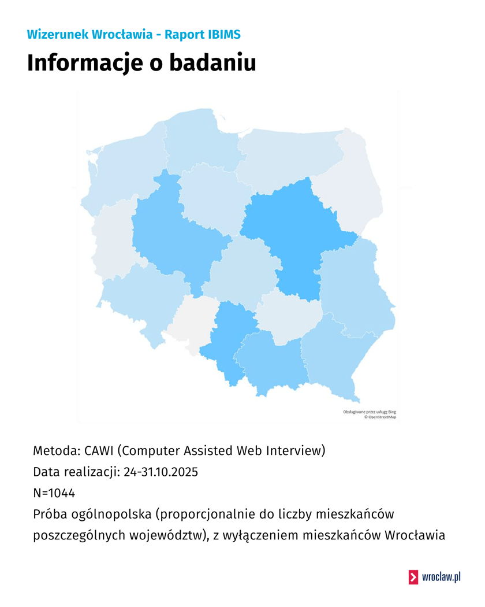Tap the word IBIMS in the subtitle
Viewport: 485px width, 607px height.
click(220, 35)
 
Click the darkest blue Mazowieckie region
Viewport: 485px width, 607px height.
click(292, 231)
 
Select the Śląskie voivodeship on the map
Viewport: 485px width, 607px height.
click(228, 341)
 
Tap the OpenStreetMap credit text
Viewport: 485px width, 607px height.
click(379, 416)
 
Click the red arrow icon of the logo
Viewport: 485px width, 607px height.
click(413, 577)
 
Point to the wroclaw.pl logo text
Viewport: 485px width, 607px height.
click(441, 577)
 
